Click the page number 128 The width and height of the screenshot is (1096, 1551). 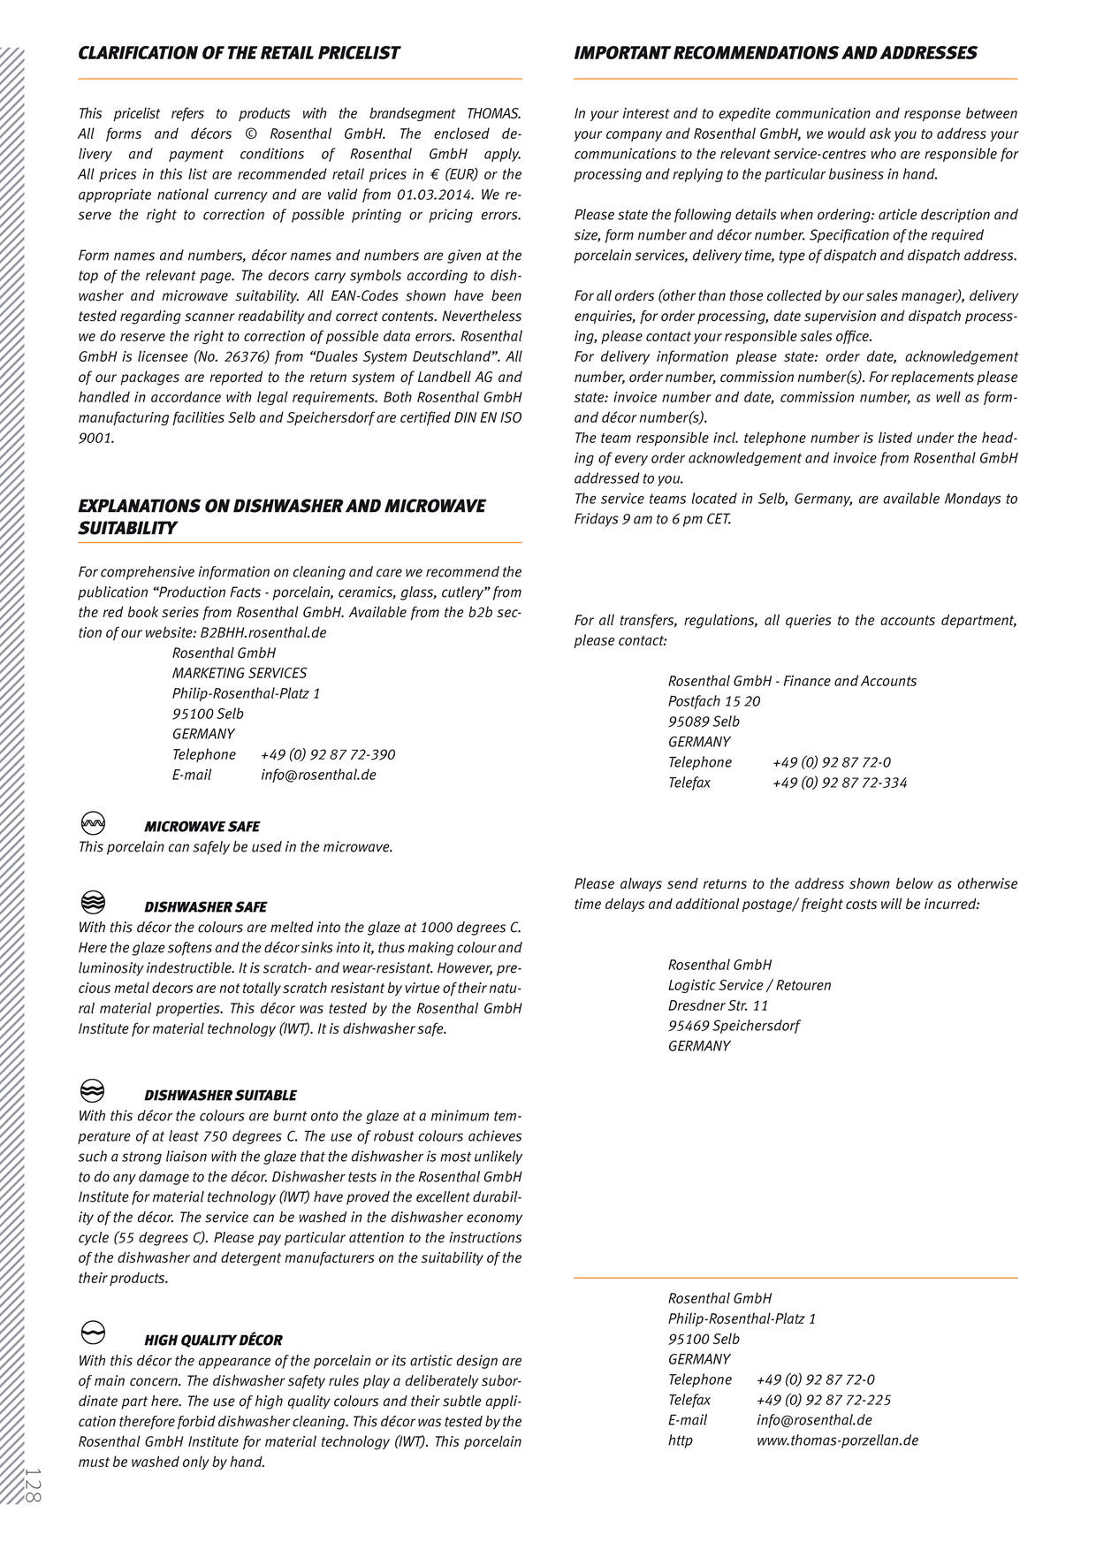pyautogui.click(x=33, y=1485)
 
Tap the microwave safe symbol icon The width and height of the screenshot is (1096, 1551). pyautogui.click(x=93, y=823)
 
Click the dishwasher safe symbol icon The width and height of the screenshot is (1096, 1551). pyautogui.click(x=93, y=903)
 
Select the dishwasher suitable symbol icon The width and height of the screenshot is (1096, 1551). pyautogui.click(x=93, y=1091)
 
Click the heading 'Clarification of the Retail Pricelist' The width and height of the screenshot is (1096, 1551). pyautogui.click(x=239, y=53)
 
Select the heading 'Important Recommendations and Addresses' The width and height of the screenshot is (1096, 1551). pyautogui.click(x=775, y=53)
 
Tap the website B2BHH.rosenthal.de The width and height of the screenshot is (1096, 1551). pyautogui.click(x=263, y=633)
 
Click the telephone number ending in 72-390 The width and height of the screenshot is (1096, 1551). pyautogui.click(x=328, y=755)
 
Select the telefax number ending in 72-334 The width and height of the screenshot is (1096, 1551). pyautogui.click(x=839, y=783)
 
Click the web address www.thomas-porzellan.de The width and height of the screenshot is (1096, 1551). pyautogui.click(x=837, y=1440)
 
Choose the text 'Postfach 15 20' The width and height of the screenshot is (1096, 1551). pyautogui.click(x=714, y=702)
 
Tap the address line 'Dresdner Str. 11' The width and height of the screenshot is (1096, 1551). pyautogui.click(x=718, y=1006)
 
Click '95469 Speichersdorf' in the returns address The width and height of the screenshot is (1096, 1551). pyautogui.click(x=734, y=1027)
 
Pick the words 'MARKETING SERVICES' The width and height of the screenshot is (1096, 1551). pyautogui.click(x=240, y=674)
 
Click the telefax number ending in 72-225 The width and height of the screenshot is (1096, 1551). pyautogui.click(x=823, y=1401)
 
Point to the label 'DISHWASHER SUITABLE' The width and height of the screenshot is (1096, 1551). pyautogui.click(x=220, y=1096)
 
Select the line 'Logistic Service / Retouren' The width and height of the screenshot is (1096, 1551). pyautogui.click(x=750, y=986)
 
